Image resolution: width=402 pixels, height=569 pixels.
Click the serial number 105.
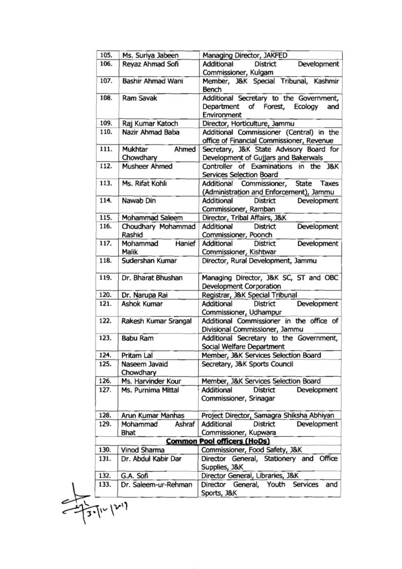tap(104, 55)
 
